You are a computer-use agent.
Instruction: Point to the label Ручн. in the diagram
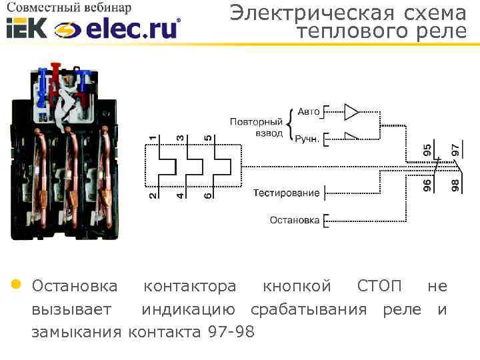pos(308,139)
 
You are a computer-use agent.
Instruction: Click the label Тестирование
pos(286,193)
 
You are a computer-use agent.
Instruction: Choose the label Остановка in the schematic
pos(294,219)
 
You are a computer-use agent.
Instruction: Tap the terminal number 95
pos(427,150)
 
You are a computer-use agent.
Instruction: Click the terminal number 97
pos(455,150)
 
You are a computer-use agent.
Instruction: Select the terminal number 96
pos(427,184)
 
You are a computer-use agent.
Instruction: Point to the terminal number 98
pos(455,184)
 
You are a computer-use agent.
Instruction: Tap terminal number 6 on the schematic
pos(208,195)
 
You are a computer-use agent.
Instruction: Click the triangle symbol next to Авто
pos(351,111)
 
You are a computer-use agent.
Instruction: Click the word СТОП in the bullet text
pos(379,287)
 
